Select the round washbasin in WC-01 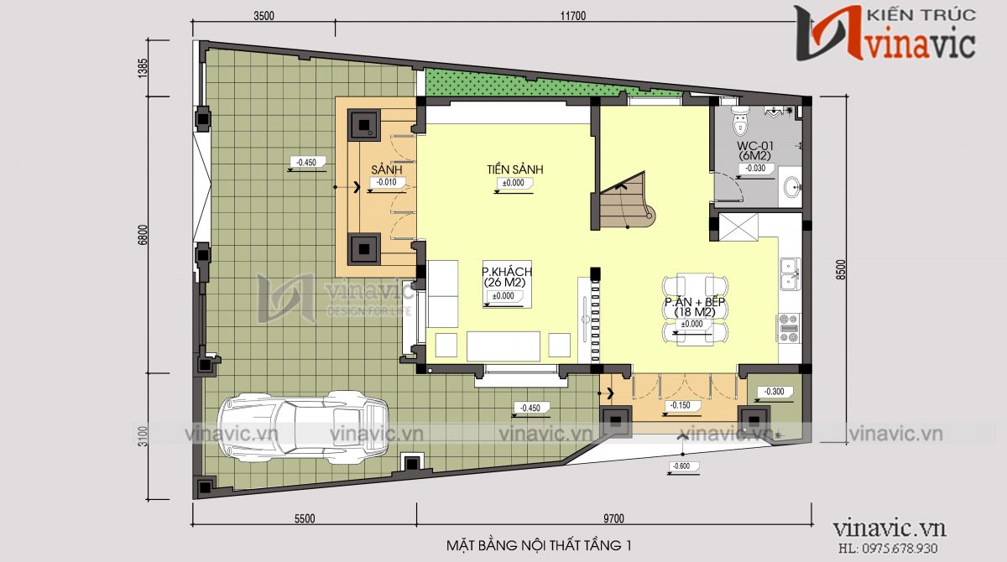coord(792,186)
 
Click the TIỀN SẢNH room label coord(514,169)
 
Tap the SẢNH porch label coord(386,170)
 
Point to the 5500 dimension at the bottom coord(304,518)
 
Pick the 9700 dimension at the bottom coord(613,518)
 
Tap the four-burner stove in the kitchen coord(789,327)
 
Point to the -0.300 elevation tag coord(774,392)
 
